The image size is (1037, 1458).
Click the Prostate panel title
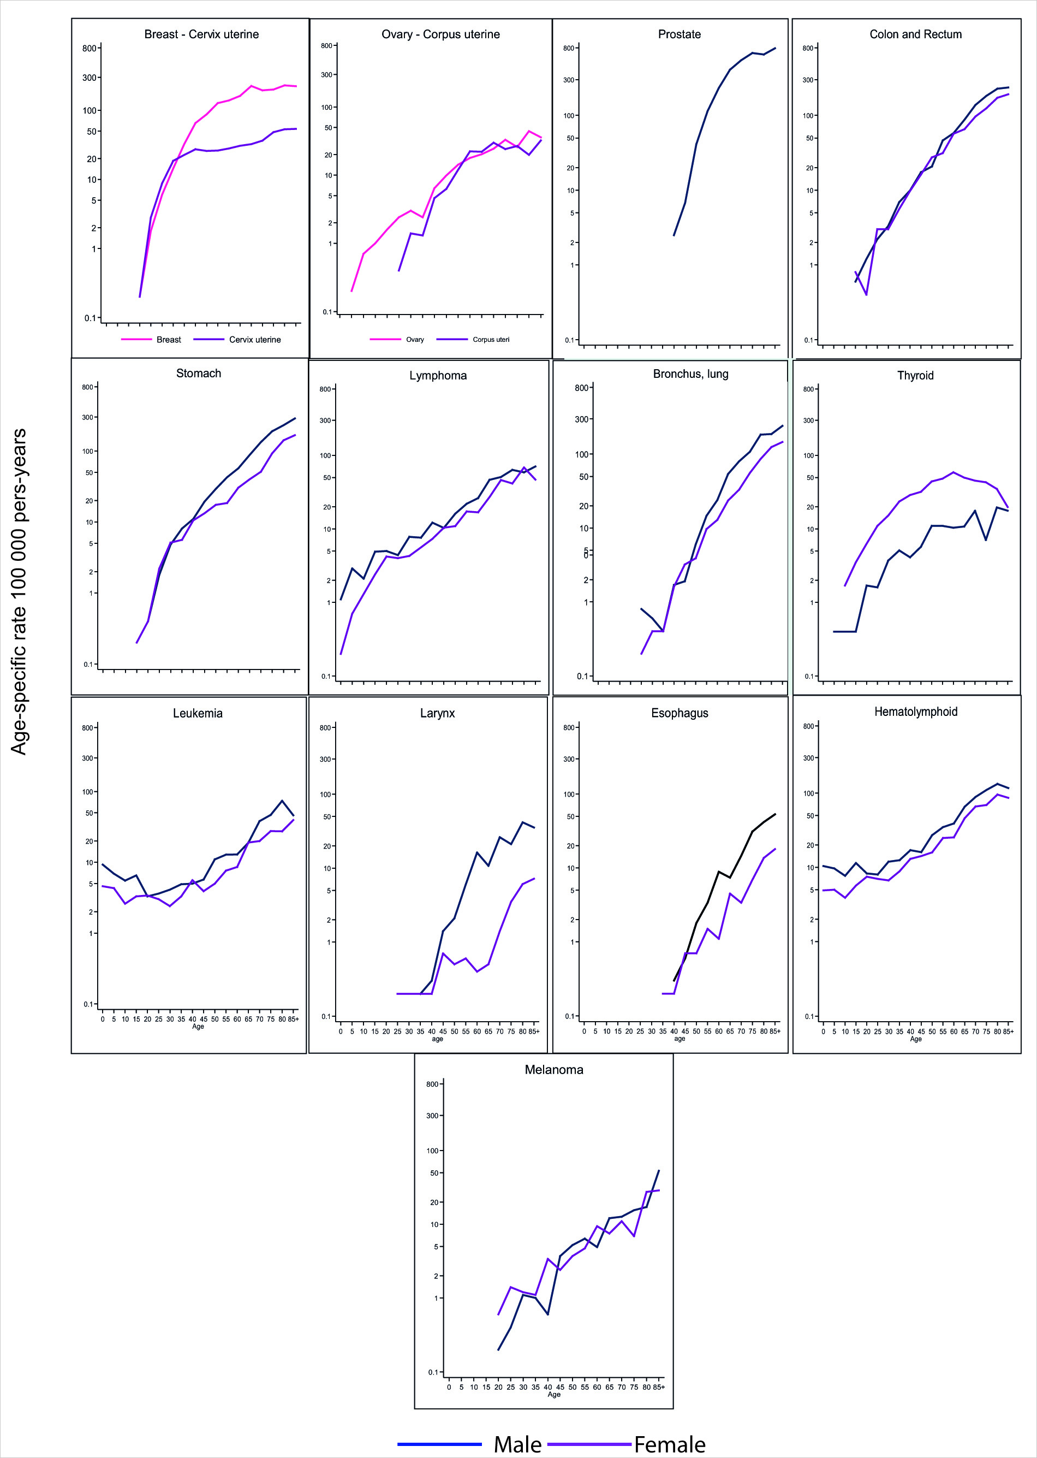click(679, 34)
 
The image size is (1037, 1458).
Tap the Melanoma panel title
click(553, 1070)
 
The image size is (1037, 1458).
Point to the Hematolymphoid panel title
click(915, 712)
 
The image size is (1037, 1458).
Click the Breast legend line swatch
click(136, 339)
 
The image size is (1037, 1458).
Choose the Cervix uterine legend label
click(255, 340)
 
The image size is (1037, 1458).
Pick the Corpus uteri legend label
click(491, 340)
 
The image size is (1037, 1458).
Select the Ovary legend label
click(414, 340)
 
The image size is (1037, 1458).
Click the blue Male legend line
click(439, 1443)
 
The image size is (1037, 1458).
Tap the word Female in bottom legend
click(669, 1444)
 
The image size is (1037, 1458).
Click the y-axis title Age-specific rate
click(19, 591)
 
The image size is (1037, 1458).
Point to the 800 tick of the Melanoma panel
click(432, 1084)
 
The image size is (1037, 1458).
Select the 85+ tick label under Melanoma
click(658, 1387)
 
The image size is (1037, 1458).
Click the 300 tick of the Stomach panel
click(87, 417)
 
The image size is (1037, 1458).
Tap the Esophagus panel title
click(679, 713)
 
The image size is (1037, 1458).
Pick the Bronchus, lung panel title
click(690, 374)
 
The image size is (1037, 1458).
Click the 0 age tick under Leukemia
click(103, 1019)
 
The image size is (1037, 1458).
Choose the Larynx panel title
click(437, 713)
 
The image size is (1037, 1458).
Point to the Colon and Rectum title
click(915, 34)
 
